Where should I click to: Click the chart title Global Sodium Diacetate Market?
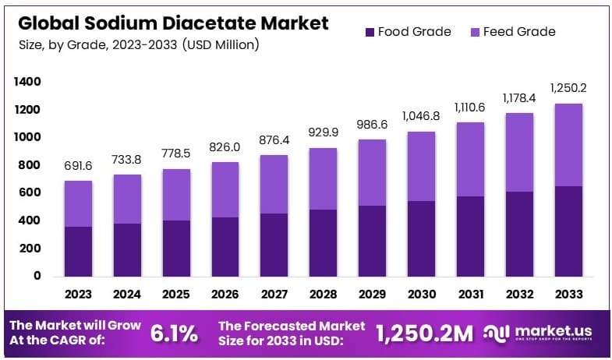point(172,23)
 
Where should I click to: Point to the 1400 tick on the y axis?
point(27,82)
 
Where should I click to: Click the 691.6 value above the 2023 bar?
point(78,166)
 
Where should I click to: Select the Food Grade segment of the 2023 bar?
point(78,251)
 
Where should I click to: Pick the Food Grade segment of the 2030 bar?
point(422,238)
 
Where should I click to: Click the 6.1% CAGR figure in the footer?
point(174,334)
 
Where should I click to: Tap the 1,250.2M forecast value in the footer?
point(424,334)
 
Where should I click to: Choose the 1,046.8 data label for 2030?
point(422,116)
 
